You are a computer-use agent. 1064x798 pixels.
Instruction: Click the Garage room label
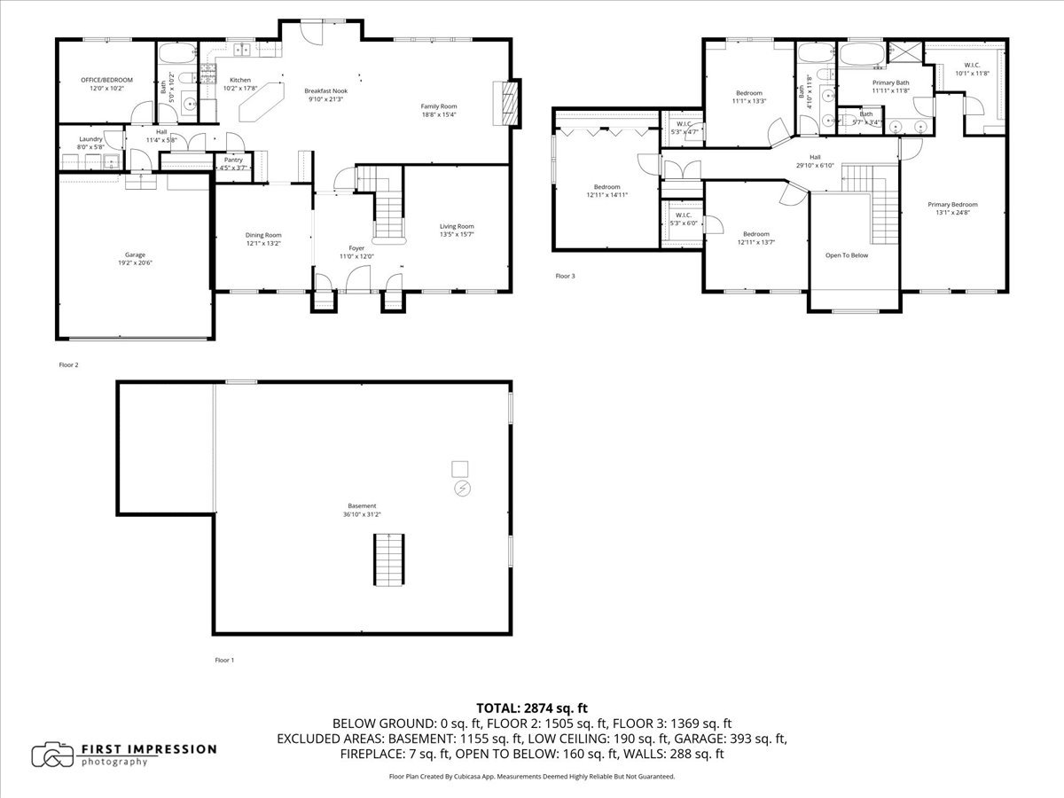point(135,254)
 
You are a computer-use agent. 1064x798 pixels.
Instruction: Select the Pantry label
point(233,160)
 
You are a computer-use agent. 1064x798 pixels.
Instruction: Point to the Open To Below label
point(847,255)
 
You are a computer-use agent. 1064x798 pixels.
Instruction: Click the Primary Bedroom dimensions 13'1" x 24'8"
point(953,213)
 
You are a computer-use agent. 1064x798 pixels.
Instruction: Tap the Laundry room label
point(90,139)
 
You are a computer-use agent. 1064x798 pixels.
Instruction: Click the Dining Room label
point(263,235)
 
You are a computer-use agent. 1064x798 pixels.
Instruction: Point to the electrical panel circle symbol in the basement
point(462,489)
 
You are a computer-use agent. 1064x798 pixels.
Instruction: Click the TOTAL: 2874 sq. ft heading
point(532,708)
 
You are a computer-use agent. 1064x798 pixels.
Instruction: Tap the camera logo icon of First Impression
point(52,755)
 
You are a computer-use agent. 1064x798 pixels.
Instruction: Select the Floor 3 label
point(566,277)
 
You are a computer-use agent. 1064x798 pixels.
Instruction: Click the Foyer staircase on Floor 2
point(387,216)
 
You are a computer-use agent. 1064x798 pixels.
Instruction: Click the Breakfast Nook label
point(325,90)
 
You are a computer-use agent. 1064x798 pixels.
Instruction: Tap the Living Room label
point(457,226)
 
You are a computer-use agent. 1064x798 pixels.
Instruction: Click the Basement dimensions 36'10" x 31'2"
point(362,514)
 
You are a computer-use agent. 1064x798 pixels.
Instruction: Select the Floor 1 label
point(224,661)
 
